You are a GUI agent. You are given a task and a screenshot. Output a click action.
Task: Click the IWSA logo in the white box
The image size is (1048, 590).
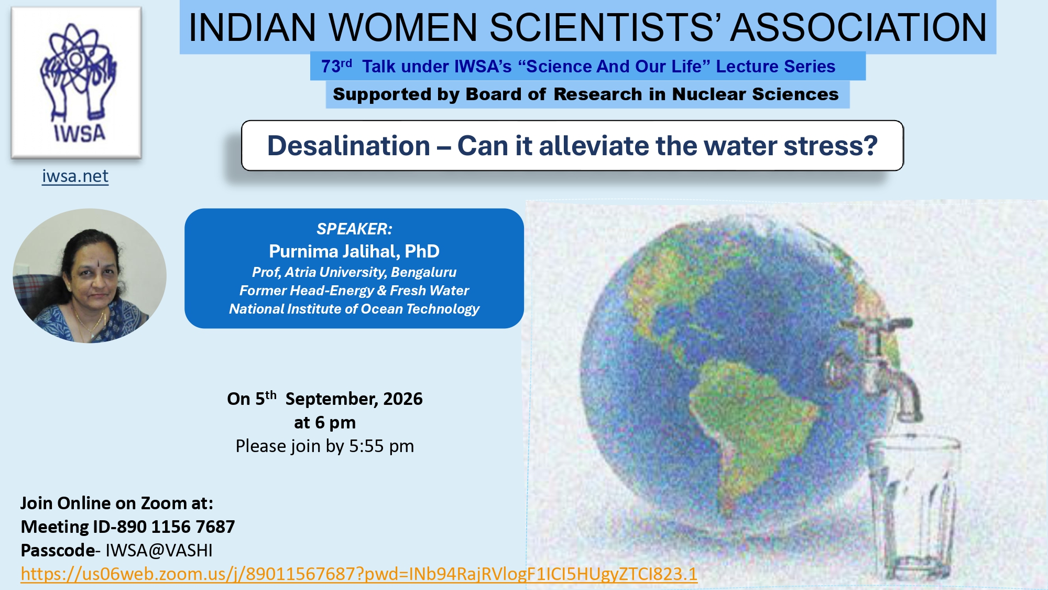[x=77, y=82]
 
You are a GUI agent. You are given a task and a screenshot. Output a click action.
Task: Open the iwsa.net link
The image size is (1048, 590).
[x=75, y=176]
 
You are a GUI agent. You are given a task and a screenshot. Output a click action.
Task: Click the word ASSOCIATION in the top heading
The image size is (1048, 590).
[x=858, y=27]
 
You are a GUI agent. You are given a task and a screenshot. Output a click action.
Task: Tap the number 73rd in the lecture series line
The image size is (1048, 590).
[x=336, y=66]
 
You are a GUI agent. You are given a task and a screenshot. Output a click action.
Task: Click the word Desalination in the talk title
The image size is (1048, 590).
[x=348, y=146]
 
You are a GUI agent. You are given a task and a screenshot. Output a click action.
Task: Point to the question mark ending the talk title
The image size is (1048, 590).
[x=870, y=145]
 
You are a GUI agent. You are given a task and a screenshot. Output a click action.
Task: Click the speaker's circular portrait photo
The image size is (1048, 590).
[x=90, y=276]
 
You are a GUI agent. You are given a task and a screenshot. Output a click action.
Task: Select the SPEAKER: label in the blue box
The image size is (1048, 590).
[x=354, y=229]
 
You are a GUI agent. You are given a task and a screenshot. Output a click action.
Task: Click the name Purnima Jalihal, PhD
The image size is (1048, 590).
[x=354, y=251]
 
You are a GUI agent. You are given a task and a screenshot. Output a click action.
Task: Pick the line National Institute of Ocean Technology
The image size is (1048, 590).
[x=354, y=309]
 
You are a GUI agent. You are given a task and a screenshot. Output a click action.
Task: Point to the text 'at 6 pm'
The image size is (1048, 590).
[x=325, y=422]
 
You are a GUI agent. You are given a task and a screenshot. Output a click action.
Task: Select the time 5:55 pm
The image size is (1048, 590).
[x=381, y=446]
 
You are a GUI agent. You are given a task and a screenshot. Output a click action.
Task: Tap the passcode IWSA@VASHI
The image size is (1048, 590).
[x=159, y=550]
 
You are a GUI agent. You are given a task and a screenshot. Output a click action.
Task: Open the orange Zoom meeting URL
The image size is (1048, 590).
[x=359, y=574]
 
